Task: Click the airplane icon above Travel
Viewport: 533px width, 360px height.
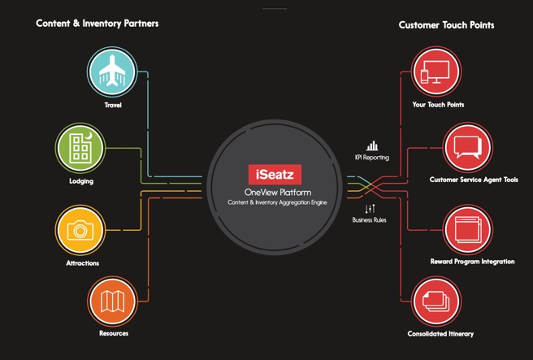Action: (113, 73)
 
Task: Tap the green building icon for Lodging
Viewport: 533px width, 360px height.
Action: (80, 147)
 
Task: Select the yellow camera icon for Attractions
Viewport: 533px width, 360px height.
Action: (80, 230)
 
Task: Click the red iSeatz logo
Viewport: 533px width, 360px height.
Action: (273, 173)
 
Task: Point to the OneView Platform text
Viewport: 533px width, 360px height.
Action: (274, 191)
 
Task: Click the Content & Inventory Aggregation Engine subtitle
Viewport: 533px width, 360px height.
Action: (274, 201)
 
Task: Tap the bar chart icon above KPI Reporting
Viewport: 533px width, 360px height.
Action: (371, 145)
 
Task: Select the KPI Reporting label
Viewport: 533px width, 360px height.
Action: (372, 158)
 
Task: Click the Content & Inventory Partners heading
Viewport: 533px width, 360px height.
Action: (97, 24)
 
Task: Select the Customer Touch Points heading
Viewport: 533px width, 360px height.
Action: (446, 25)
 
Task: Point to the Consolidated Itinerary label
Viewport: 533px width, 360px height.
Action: (440, 334)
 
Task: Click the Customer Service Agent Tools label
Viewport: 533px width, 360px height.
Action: (474, 180)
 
